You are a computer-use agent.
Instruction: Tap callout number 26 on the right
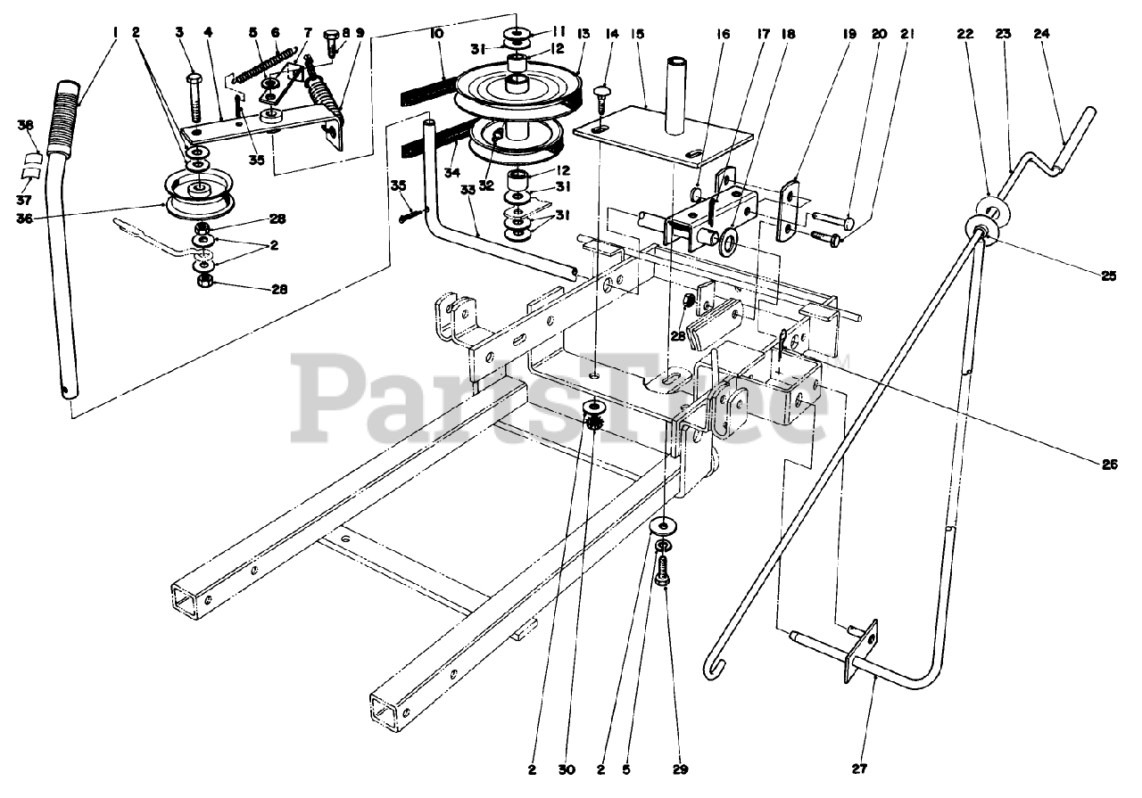[x=1109, y=464]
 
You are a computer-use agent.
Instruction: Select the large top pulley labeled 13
[x=513, y=89]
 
